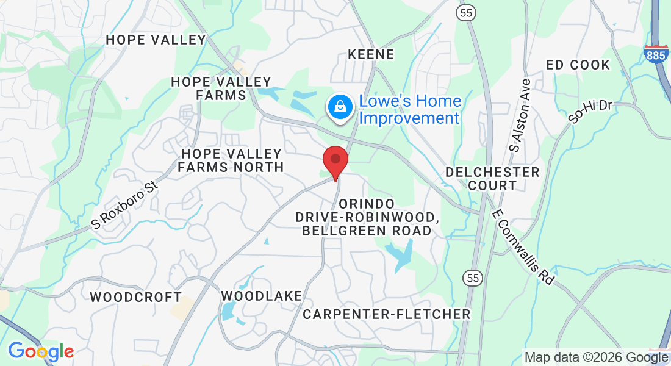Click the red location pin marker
tap(335, 160)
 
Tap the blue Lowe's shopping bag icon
tap(340, 108)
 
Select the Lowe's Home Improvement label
tap(409, 109)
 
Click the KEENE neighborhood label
tap(371, 55)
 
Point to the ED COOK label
tap(578, 65)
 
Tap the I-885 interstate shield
tap(655, 54)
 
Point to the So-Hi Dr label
tap(590, 112)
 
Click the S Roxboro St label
tap(124, 204)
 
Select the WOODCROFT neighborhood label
tap(135, 298)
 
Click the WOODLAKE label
tap(261, 296)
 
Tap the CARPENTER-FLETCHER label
tap(387, 314)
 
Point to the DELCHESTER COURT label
tap(492, 179)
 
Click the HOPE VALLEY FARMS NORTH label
tap(231, 160)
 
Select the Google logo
tap(41, 351)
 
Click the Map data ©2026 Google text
tap(596, 357)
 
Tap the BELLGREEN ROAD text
tap(367, 231)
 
